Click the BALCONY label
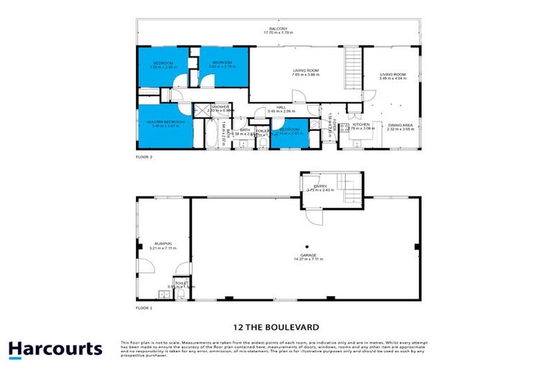coord(276,29)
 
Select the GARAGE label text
coord(310,255)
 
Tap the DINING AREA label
coord(401,126)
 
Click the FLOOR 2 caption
coord(144,156)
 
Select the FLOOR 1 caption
coord(144,307)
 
